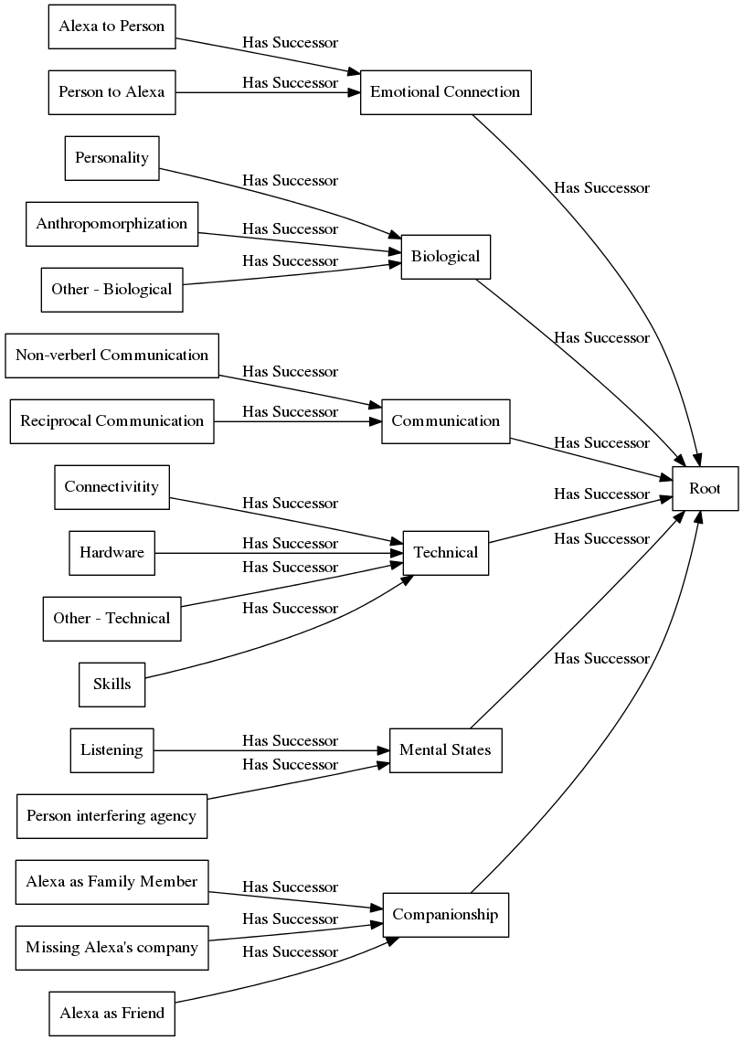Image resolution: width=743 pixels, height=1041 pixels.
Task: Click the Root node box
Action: (x=705, y=488)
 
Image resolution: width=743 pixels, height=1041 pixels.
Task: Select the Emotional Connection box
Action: (x=445, y=91)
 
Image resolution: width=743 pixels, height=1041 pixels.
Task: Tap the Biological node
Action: (x=445, y=256)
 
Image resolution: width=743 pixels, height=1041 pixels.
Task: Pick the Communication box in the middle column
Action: (x=445, y=420)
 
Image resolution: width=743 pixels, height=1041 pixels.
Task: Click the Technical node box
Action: (x=445, y=552)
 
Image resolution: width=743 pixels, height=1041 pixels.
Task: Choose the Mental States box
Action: (x=445, y=750)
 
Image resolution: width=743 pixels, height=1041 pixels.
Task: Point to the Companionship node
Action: (x=445, y=914)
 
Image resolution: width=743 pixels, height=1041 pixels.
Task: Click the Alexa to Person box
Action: (x=111, y=26)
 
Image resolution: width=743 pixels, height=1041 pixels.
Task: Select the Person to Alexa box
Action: (x=111, y=91)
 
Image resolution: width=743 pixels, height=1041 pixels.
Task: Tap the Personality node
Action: (x=112, y=157)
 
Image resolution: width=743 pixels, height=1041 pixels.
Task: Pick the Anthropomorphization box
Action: (x=111, y=223)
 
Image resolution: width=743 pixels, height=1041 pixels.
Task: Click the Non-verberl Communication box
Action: (x=111, y=355)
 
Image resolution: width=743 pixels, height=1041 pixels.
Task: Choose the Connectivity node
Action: (x=111, y=486)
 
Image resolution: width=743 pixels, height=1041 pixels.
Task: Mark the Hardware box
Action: (x=111, y=552)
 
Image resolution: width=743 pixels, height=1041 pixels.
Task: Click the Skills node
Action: (x=111, y=684)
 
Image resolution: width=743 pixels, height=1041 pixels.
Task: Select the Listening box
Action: (x=111, y=750)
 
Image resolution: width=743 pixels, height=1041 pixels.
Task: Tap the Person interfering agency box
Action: (x=111, y=815)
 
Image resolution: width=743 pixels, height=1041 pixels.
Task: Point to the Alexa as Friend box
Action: (x=111, y=1013)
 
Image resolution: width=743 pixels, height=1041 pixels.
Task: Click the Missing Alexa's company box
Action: (x=111, y=947)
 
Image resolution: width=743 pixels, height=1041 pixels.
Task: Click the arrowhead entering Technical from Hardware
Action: (x=397, y=552)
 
